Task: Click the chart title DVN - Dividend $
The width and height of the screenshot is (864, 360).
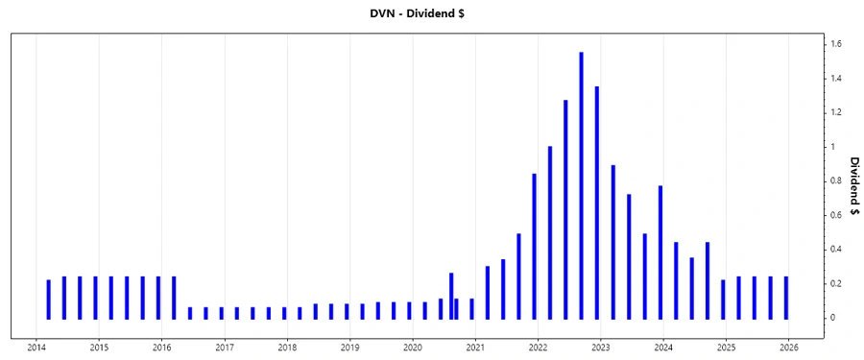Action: point(432,14)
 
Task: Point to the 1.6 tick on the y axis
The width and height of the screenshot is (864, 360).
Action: point(838,44)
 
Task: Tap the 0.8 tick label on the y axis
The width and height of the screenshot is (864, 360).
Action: point(838,180)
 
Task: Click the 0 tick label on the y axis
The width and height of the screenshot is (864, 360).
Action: point(836,318)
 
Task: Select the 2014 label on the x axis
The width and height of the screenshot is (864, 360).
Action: point(36,348)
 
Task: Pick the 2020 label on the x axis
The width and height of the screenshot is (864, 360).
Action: point(413,348)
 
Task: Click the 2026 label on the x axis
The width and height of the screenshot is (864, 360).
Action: point(789,348)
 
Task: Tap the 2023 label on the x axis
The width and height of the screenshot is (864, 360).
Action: point(601,348)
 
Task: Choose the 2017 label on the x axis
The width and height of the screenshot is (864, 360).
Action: point(225,348)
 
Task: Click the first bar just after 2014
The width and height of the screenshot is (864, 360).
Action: point(49,299)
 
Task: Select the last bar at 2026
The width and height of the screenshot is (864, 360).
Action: point(786,298)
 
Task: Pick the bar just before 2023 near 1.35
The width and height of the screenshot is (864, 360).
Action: point(597,203)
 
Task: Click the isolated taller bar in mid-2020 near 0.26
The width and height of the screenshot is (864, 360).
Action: point(451,296)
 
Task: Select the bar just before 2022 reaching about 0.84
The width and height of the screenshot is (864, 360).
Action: point(535,246)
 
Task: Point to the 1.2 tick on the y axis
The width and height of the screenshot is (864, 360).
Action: point(838,112)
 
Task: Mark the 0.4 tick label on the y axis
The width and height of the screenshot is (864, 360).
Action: point(838,250)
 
